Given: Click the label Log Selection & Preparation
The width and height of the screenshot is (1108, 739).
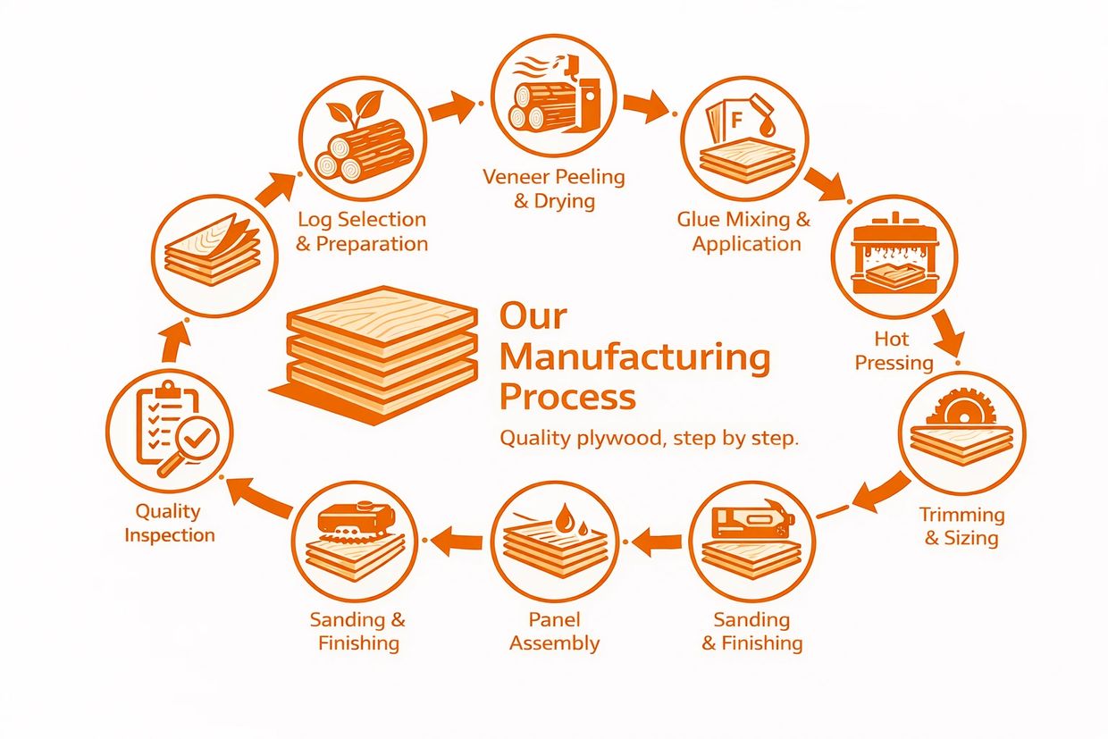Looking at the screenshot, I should tap(362, 231).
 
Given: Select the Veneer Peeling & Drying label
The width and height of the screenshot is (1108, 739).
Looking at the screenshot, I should tap(554, 188).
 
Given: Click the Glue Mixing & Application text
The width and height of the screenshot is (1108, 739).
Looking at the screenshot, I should tap(744, 231).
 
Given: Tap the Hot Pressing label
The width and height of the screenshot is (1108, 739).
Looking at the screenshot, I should tap(894, 351).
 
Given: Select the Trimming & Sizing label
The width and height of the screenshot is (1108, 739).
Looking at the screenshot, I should tap(961, 526).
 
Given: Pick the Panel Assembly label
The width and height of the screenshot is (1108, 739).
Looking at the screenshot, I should tap(554, 631).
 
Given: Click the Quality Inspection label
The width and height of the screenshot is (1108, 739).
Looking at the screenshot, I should tap(170, 523).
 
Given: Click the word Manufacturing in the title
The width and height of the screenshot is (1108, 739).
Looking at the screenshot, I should tap(634, 357).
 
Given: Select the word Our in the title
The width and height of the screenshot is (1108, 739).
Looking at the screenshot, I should tap(533, 316).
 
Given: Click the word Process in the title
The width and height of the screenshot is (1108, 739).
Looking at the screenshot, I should tap(567, 396).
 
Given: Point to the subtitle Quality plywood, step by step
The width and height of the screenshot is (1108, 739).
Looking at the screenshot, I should tap(648, 439).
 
